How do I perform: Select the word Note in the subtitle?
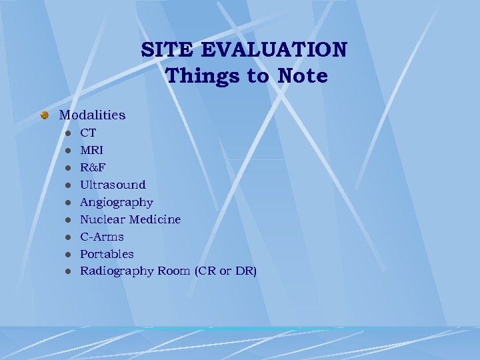coord(302,76)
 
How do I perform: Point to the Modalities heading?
coord(92,115)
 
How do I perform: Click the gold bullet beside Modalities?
coord(44,115)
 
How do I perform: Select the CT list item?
coord(88,133)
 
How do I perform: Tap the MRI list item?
coord(91,150)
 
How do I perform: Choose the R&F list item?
coord(92,167)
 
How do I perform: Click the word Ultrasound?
coord(113,185)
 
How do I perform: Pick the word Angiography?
coord(117,202)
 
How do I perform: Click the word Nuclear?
coord(102,219)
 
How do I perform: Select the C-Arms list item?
coord(102,237)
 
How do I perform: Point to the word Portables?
coord(107,254)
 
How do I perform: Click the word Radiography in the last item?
coord(117,271)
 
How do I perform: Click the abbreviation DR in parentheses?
coord(243,271)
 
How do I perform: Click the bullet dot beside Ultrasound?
coord(68,185)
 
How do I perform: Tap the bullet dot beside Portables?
coord(68,255)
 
